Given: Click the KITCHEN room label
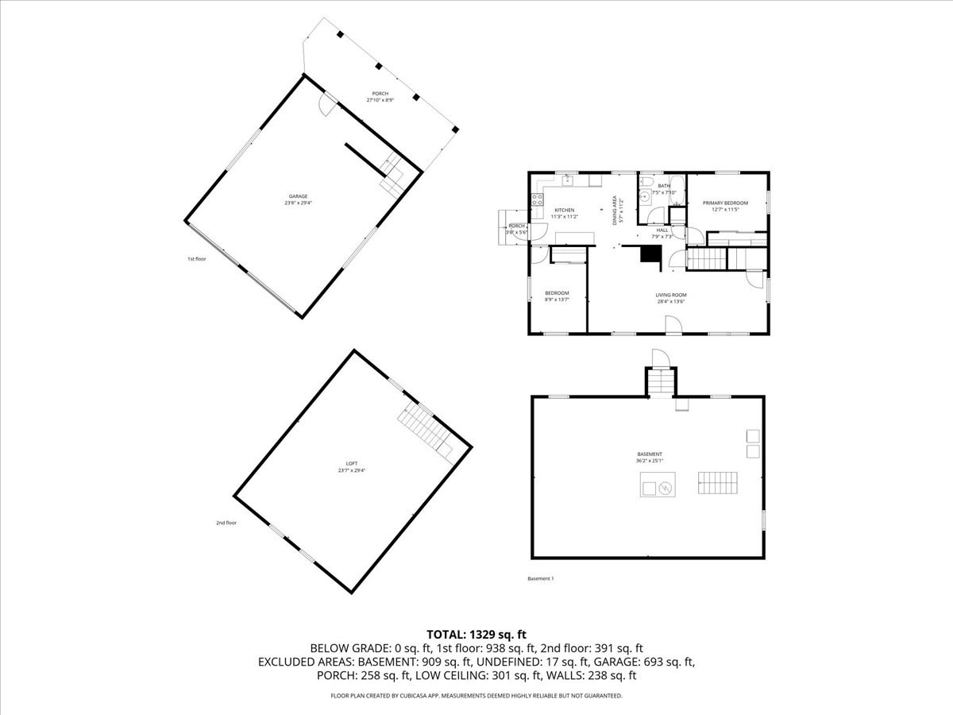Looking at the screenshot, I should pos(564,211).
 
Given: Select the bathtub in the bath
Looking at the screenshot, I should pos(675,191).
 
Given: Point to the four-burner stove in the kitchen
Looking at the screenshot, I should pos(538,199).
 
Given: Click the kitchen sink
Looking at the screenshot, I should pos(568,181).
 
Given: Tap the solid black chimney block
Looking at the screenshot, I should pos(651,254).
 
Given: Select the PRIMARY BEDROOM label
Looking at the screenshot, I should pos(725,203).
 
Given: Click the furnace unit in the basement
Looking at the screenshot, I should pos(658,485).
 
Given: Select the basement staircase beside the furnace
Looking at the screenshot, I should pos(718,482).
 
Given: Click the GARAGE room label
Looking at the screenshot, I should pos(298,196).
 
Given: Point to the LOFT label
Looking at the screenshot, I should pos(352,463).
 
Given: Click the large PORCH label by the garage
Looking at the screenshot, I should pos(380,94).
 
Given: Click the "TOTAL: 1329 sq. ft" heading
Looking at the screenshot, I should pos(476,634).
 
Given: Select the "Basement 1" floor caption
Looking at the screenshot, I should pos(541,578).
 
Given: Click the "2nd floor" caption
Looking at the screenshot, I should pos(226,523).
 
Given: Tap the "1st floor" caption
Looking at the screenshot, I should pos(196,258).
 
